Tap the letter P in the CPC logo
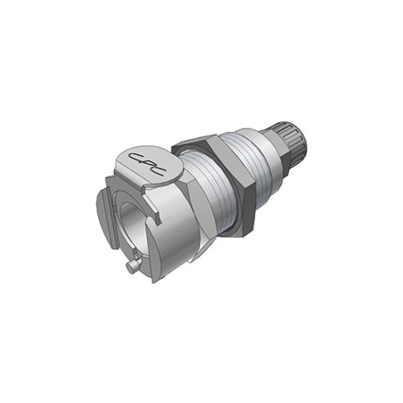[x=148, y=163]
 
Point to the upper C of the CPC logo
[x=137, y=157]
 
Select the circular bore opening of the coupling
[x=130, y=225]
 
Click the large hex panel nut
[x=215, y=185]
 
